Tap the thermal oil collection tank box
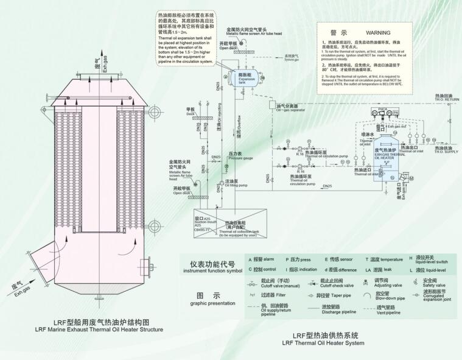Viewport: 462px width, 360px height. click(230, 225)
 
